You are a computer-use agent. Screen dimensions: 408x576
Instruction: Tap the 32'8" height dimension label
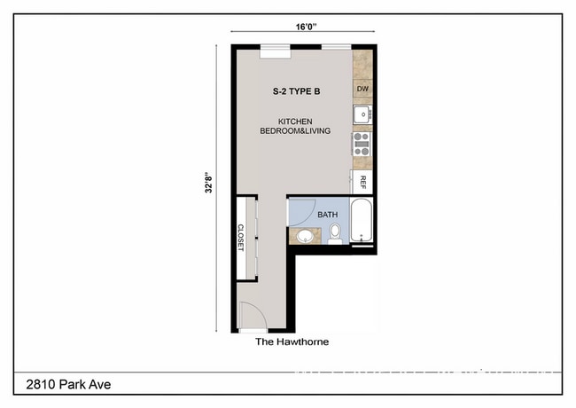pyautogui.click(x=207, y=184)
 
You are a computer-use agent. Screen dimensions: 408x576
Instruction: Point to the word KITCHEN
pyautogui.click(x=295, y=121)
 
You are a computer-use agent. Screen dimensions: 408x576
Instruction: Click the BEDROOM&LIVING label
pyautogui.click(x=295, y=131)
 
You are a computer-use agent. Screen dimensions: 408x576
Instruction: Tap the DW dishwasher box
pyautogui.click(x=362, y=90)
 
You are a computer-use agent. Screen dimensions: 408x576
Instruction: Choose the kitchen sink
pyautogui.click(x=362, y=114)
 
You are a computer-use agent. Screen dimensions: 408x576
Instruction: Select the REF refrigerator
pyautogui.click(x=362, y=182)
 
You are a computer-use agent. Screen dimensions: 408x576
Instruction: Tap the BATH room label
pyautogui.click(x=328, y=214)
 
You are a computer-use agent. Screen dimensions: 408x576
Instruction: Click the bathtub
pyautogui.click(x=362, y=221)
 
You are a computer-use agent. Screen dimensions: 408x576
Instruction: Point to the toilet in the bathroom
pyautogui.click(x=335, y=233)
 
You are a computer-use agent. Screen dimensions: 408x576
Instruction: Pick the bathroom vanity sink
pyautogui.click(x=304, y=236)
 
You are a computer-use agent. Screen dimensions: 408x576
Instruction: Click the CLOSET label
pyautogui.click(x=240, y=237)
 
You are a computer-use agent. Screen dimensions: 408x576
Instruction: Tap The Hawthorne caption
pyautogui.click(x=292, y=341)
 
